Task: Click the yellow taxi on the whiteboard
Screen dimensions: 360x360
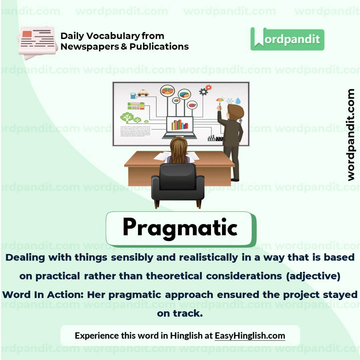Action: [143, 93]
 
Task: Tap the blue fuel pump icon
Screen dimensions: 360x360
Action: [133, 96]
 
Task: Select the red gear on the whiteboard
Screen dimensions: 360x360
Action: [209, 87]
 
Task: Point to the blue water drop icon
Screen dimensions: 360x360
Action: [238, 101]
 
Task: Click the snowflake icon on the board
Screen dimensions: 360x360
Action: [229, 101]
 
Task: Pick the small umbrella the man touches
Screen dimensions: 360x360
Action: [220, 100]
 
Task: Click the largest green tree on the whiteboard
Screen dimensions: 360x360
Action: [127, 117]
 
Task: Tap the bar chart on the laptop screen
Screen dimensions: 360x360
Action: [180, 125]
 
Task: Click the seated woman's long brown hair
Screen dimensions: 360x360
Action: [179, 150]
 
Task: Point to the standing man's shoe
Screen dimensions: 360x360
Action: [235, 180]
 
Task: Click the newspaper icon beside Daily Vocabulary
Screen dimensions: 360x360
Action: [37, 42]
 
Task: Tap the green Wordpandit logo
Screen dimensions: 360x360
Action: [287, 39]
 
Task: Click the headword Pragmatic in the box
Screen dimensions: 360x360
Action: [180, 228]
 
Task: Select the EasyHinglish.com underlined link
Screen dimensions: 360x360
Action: [250, 335]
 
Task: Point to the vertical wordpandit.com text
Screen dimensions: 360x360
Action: [351, 135]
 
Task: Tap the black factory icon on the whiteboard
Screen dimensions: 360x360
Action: [215, 138]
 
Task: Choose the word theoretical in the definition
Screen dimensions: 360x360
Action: [174, 276]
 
